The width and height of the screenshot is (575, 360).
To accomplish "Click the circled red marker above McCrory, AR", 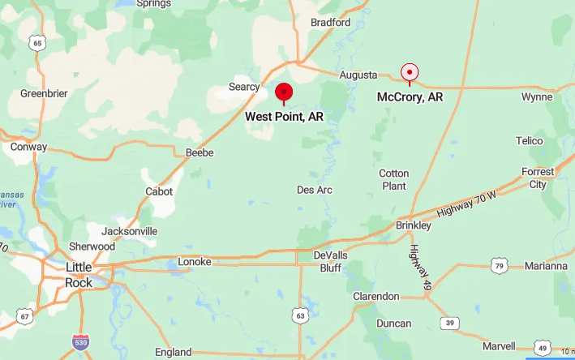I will click(x=410, y=73).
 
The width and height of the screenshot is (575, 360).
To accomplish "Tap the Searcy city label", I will click(x=244, y=87).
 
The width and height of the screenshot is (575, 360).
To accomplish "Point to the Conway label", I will click(x=28, y=148).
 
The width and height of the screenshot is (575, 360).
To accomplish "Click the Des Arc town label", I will click(x=315, y=190).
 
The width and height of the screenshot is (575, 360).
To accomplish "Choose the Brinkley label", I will click(x=414, y=225).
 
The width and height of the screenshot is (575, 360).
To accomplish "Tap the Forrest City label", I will click(x=538, y=178).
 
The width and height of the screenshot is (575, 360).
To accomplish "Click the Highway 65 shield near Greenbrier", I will click(x=37, y=42).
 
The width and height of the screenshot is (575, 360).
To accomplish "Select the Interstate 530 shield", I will click(x=79, y=342).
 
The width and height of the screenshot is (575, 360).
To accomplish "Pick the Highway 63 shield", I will click(x=301, y=315).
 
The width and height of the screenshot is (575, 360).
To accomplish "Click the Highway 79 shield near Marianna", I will click(x=499, y=265).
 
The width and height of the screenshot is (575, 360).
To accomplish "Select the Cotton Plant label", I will click(x=394, y=179).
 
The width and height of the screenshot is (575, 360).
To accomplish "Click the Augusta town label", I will click(x=358, y=75).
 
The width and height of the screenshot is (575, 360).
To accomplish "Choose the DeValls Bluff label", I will click(x=328, y=261).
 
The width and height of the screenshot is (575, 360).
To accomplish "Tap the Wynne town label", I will click(x=537, y=97).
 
